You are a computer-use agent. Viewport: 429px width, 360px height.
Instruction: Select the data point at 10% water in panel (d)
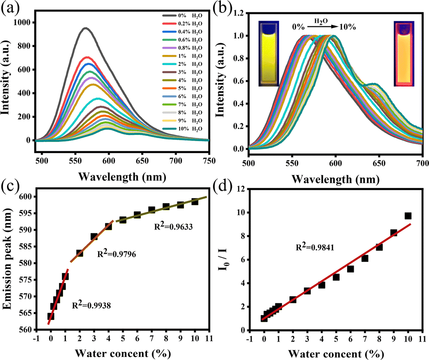(408, 216)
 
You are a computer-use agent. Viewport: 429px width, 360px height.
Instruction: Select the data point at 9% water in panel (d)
(393, 233)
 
